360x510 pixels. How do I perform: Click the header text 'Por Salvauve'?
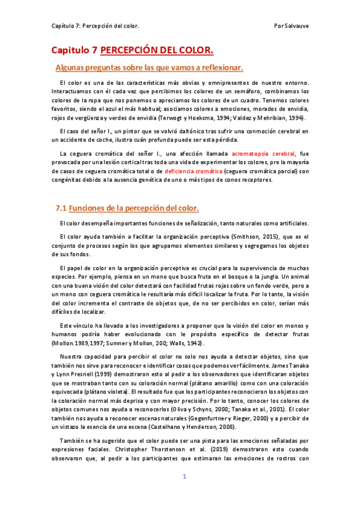click(290, 26)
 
